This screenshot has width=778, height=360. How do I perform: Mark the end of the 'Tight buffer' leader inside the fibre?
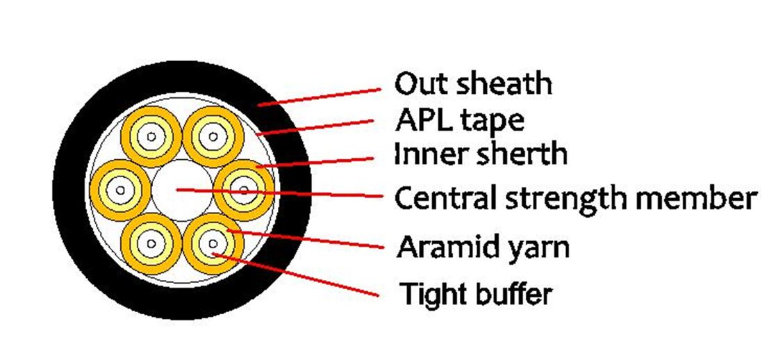coord(213,254)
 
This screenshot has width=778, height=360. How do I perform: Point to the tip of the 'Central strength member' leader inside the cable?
coord(176,189)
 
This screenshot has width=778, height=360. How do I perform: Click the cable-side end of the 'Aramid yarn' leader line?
coord(227,231)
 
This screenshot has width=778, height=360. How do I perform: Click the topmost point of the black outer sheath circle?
coord(181,61)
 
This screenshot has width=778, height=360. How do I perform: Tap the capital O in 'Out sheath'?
coord(406,84)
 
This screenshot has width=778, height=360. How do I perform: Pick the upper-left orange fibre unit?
coord(151,136)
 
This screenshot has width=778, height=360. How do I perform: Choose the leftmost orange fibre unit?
coord(121,190)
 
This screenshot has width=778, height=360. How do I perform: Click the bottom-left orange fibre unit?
coord(151,244)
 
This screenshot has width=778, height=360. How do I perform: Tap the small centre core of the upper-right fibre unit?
coord(213,136)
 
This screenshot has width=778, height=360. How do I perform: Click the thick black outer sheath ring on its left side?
coord(70,189)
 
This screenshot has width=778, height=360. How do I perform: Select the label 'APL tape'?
coord(459,120)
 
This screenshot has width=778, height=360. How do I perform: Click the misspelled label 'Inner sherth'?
coord(480,154)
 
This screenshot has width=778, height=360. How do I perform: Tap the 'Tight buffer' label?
coord(477,294)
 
